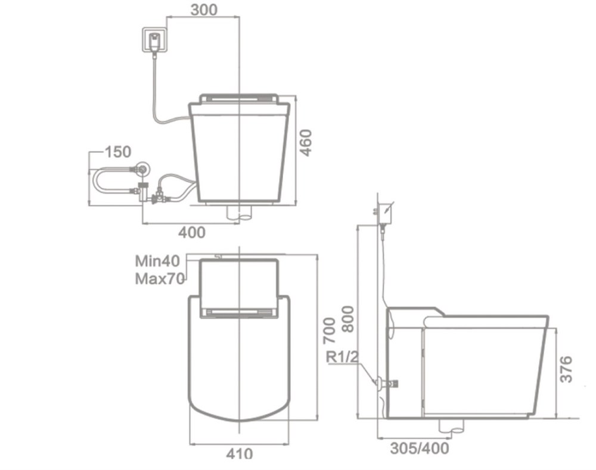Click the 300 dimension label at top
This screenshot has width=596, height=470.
point(204,10)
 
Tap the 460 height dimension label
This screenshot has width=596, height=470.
point(305,143)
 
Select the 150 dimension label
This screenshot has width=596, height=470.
point(118,152)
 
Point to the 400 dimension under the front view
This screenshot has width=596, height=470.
point(192,232)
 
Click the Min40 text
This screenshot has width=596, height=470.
point(158,261)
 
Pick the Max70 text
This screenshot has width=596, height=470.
point(160,279)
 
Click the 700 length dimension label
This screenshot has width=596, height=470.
point(329,331)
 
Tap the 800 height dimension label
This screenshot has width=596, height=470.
point(348,319)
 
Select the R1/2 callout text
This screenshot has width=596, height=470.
point(343,357)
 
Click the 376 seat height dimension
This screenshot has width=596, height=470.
point(566,369)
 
